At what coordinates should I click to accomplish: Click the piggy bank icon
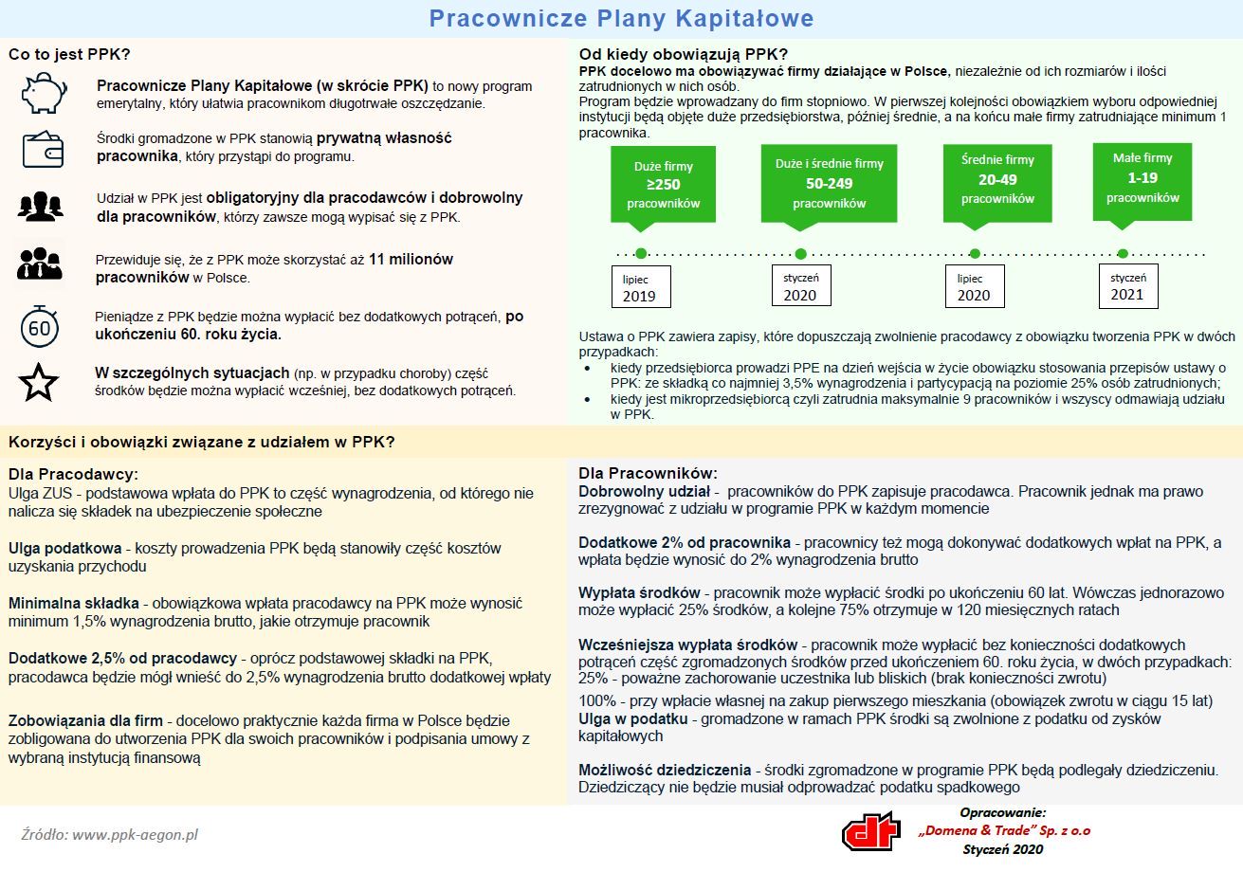point(44,93)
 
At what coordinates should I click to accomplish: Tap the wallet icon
point(43,149)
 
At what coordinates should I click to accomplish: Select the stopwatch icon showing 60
point(40,326)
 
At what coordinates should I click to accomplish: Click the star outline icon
point(38,382)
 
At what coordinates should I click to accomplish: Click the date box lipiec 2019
point(641,287)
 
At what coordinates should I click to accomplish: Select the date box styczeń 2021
point(1128,286)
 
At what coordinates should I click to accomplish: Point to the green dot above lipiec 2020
point(975,254)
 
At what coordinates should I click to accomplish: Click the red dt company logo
point(871,831)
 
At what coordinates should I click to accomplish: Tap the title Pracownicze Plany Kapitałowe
point(622,18)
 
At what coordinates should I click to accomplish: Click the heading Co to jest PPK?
point(69,54)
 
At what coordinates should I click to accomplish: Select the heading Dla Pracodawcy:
point(73,474)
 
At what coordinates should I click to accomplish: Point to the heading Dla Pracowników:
point(649,473)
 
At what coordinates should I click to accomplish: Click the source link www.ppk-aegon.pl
point(135,834)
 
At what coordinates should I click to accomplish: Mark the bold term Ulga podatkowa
point(64,548)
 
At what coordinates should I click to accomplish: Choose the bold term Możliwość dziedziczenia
point(665,770)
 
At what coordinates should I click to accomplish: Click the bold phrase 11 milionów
point(411,259)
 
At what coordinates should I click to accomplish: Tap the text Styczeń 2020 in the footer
point(1003,849)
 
